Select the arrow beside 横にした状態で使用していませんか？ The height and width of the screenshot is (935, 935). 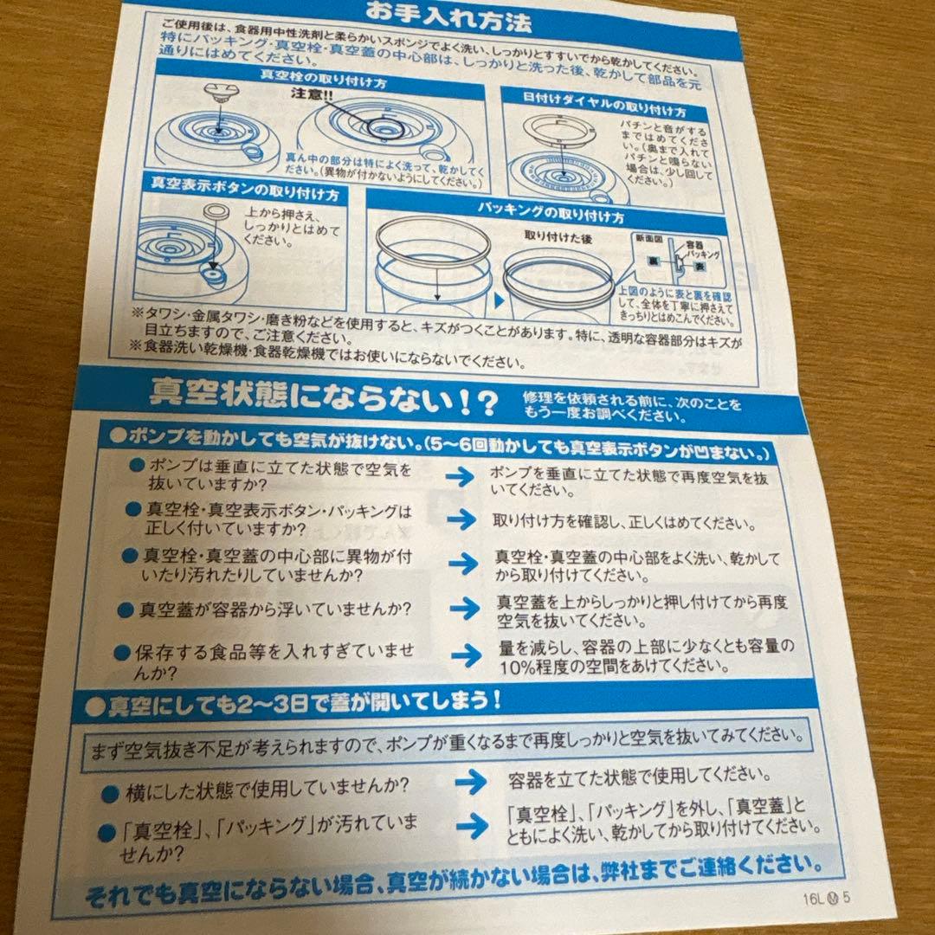(471, 779)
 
